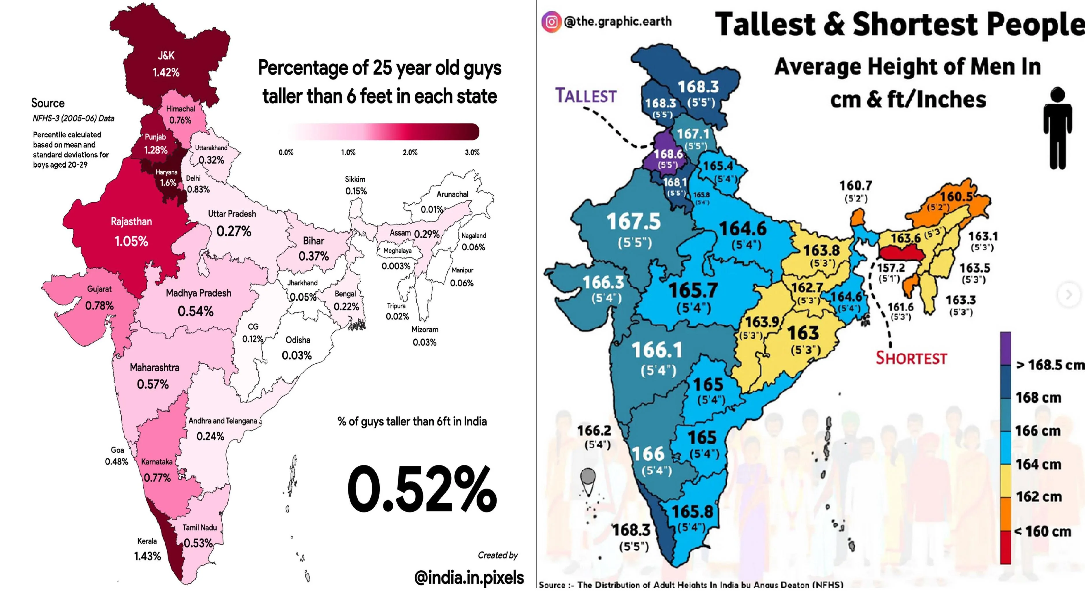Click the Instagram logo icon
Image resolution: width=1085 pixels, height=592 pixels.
click(551, 21)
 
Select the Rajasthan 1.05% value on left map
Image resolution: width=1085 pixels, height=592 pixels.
click(131, 241)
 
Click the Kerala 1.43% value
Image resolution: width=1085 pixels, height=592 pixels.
click(147, 556)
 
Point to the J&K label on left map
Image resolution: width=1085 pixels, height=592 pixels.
click(166, 55)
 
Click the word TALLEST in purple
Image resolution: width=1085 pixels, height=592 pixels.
click(586, 96)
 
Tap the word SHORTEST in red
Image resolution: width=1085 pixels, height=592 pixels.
click(911, 358)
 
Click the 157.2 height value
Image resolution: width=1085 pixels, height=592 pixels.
click(891, 268)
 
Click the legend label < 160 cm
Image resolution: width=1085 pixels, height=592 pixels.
click(1043, 531)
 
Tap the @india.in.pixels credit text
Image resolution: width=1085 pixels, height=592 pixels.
click(469, 578)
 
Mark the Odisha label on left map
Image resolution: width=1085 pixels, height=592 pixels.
click(298, 340)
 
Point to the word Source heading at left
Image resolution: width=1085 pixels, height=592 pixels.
click(48, 103)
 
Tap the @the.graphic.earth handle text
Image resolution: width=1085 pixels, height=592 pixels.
click(617, 21)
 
